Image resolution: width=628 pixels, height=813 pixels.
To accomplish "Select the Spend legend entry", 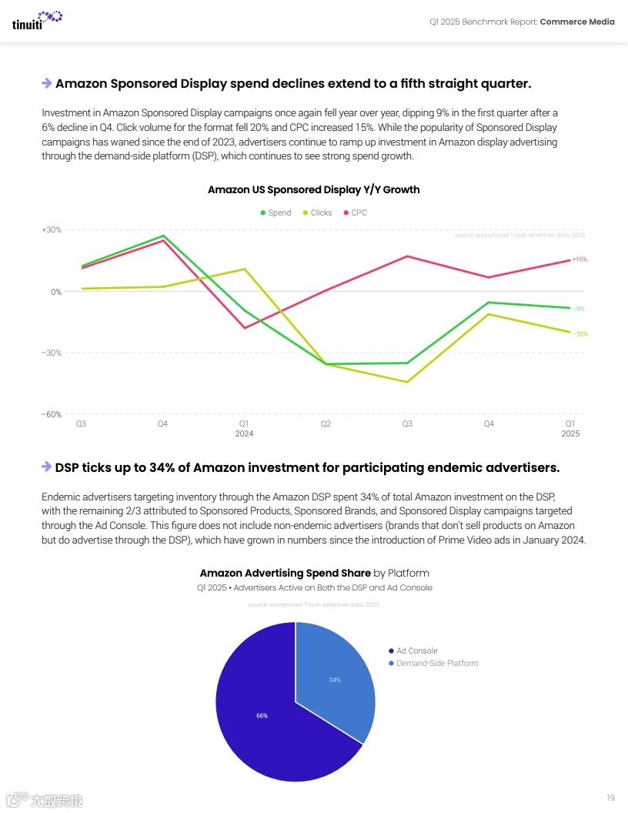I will [x=275, y=212].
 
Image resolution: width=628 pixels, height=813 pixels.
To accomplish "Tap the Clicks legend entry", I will [x=317, y=212].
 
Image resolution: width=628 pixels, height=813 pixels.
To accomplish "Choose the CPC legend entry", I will [x=355, y=212].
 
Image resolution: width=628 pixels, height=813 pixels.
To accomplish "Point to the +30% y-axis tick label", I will [x=52, y=229].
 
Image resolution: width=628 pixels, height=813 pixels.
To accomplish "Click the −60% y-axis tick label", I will [x=52, y=414].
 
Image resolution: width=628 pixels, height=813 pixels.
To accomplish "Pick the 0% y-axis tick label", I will [x=56, y=292].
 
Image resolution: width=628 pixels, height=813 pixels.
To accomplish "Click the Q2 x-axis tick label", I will [x=326, y=423].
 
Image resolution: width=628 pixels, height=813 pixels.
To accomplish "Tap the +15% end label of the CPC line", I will [x=580, y=259].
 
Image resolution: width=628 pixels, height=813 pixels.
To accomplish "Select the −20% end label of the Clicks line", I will [x=580, y=334].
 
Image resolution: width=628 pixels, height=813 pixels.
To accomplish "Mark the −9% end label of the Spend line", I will [x=579, y=309].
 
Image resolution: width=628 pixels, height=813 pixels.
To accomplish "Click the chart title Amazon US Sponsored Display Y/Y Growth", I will [x=314, y=189].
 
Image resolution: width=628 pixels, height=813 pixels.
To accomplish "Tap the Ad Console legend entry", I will [x=416, y=651].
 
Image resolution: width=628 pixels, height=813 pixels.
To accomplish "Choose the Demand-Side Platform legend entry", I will [x=436, y=663].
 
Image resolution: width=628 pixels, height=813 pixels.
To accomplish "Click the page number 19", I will [x=610, y=797].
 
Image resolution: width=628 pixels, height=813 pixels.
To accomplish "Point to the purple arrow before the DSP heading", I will [x=46, y=467].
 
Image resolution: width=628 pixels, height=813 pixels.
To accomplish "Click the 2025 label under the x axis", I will [x=570, y=433].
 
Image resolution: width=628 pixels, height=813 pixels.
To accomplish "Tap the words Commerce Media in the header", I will [x=577, y=22].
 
